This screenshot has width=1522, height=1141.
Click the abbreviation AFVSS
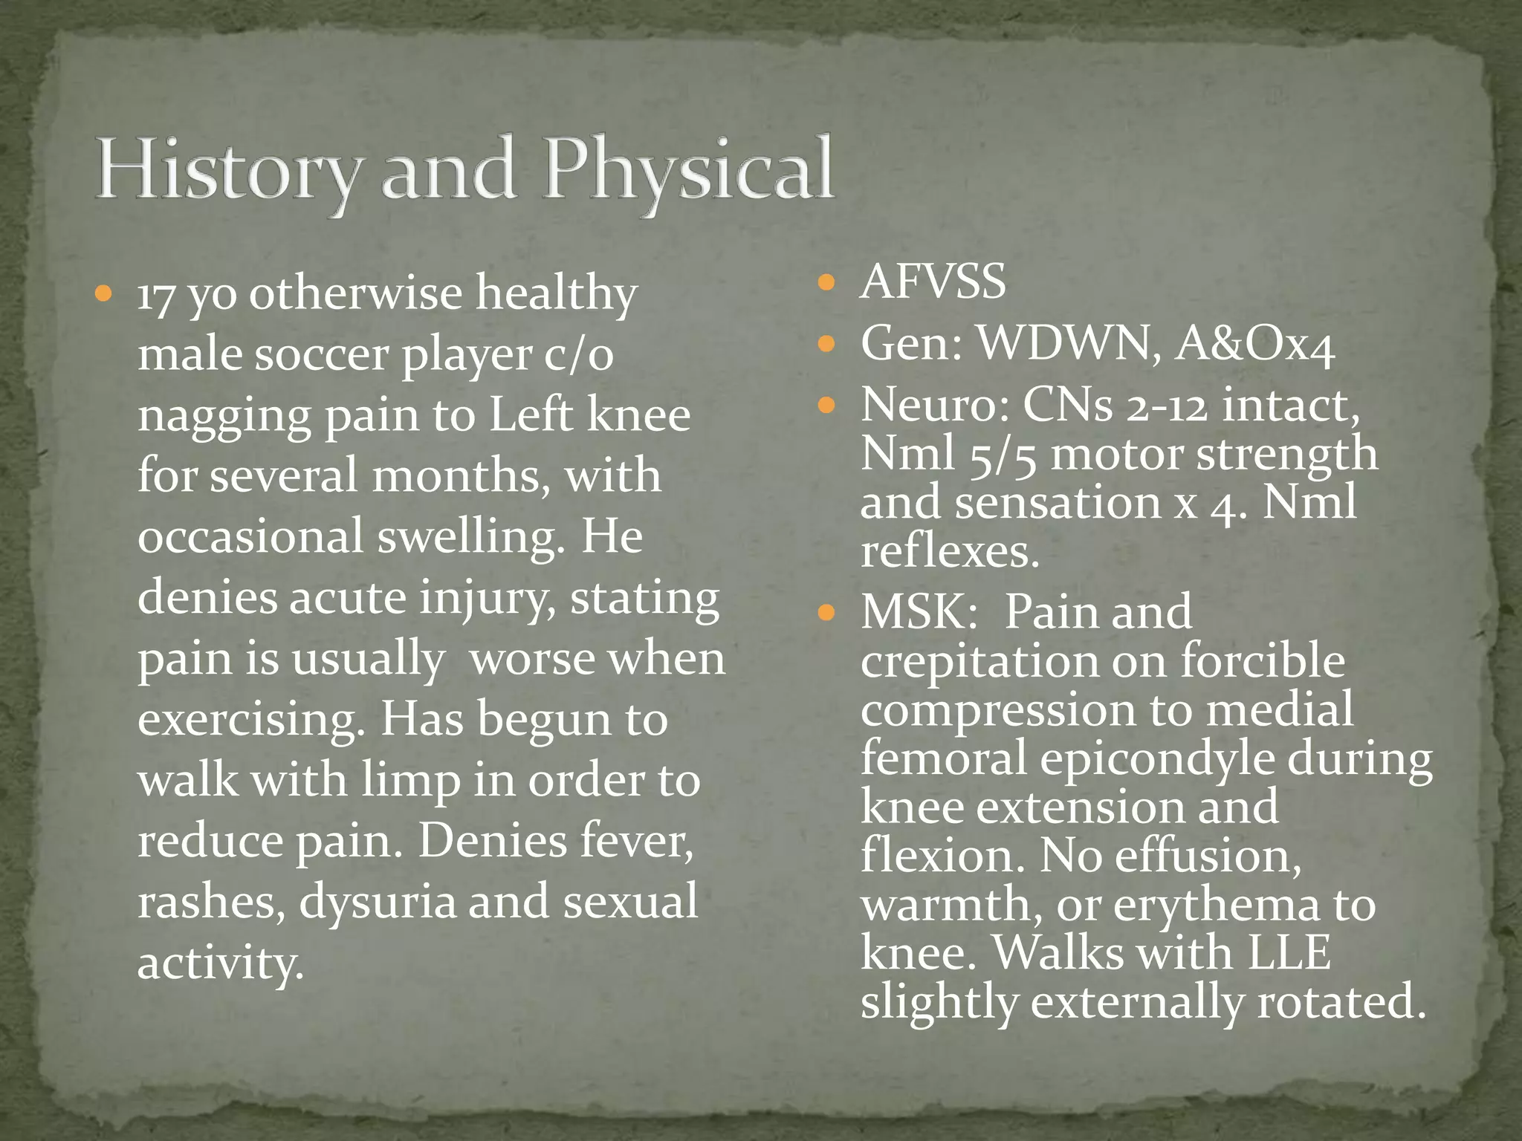click(933, 283)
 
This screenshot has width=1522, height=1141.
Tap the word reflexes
click(950, 553)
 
